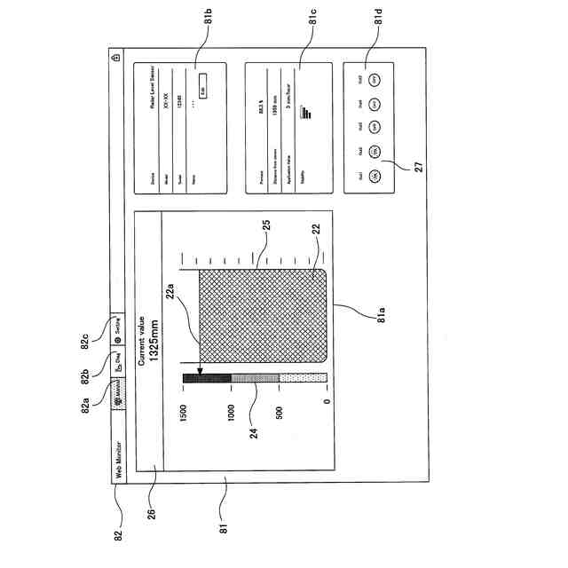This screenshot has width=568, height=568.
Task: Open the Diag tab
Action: pyautogui.click(x=119, y=361)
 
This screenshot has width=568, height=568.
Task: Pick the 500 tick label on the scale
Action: pyautogui.click(x=280, y=415)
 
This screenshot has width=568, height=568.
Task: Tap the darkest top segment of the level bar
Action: pyautogui.click(x=207, y=379)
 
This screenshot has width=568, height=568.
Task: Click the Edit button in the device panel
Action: pyautogui.click(x=202, y=87)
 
